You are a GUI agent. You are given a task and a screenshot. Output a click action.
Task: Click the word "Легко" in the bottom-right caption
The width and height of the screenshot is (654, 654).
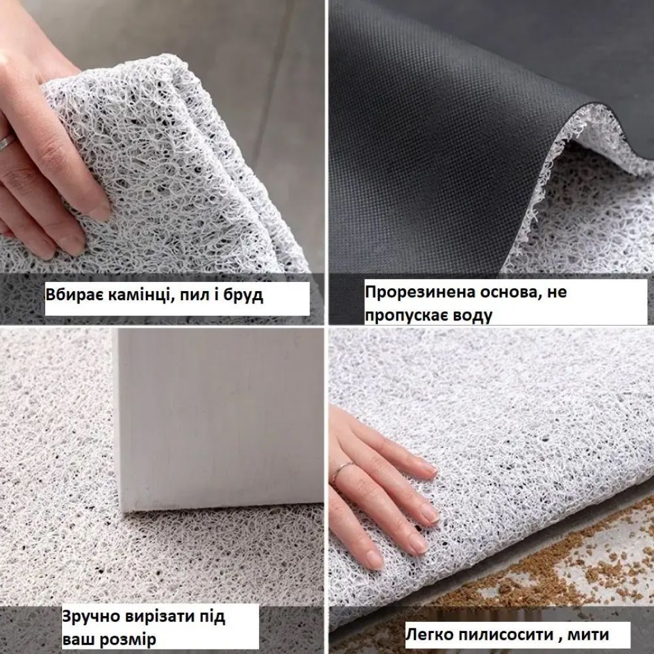pos(429,635)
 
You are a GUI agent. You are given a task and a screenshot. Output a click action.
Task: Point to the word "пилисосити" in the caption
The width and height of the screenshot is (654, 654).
pos(505,635)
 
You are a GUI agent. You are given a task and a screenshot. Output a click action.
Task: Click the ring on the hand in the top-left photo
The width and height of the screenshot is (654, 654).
pos(7,143)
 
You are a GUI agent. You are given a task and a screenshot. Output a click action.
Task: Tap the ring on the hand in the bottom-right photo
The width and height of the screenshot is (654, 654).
pos(340,471)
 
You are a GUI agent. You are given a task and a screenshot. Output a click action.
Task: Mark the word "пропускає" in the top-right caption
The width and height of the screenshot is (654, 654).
pos(407,316)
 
